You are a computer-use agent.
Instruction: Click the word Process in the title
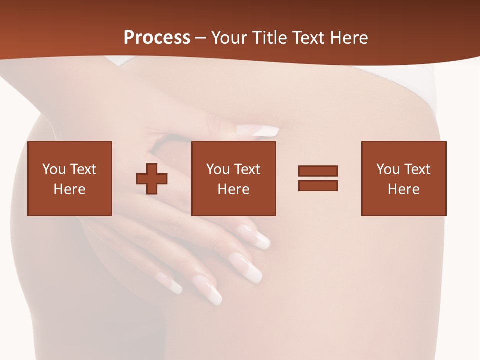[157, 38]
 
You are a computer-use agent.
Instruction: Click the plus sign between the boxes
[152, 178]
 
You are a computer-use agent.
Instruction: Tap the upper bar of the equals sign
[318, 171]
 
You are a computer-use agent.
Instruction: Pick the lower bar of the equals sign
[318, 186]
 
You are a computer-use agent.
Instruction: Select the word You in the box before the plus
[54, 169]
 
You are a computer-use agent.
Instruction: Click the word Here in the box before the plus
[69, 189]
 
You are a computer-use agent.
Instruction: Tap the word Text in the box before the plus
[83, 169]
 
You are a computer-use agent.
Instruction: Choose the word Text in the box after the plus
[247, 169]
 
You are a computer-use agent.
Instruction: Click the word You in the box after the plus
[218, 169]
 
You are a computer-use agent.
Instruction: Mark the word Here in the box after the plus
[233, 189]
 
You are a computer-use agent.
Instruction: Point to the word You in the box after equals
[388, 169]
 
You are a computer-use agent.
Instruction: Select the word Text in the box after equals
[417, 169]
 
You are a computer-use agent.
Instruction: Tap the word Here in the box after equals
[403, 189]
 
